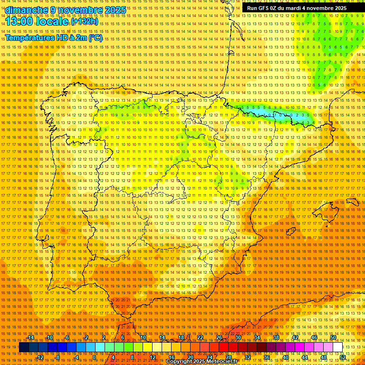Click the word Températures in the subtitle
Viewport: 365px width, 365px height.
coord(29,38)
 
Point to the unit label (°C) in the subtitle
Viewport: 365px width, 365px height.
coord(96,38)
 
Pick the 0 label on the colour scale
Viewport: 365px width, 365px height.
coord(94,357)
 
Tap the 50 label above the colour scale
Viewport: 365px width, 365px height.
coord(333,338)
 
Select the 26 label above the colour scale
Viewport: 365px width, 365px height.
coord(219,338)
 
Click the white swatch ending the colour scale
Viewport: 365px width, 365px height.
coord(337,347)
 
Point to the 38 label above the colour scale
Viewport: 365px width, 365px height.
coord(276,338)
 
